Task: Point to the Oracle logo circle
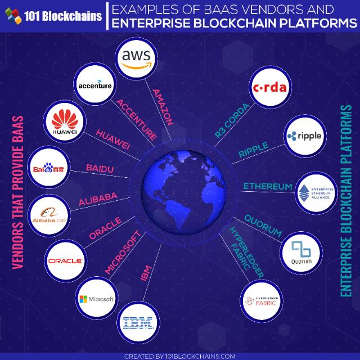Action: coord(65,260)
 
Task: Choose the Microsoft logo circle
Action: coord(96,299)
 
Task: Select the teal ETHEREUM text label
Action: coord(267,186)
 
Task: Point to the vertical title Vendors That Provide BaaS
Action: coord(17,192)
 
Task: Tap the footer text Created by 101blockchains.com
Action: coord(179,355)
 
